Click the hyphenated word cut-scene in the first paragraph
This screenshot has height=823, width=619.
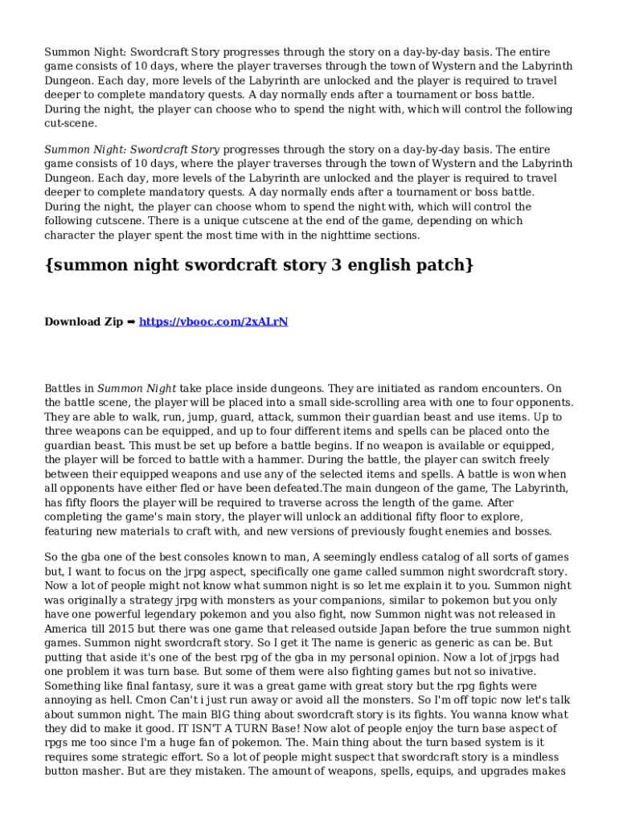(x=71, y=124)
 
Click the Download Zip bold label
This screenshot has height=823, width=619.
(x=84, y=322)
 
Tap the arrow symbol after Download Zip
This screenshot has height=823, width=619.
(x=131, y=322)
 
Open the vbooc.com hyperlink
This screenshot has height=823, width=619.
(x=213, y=322)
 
